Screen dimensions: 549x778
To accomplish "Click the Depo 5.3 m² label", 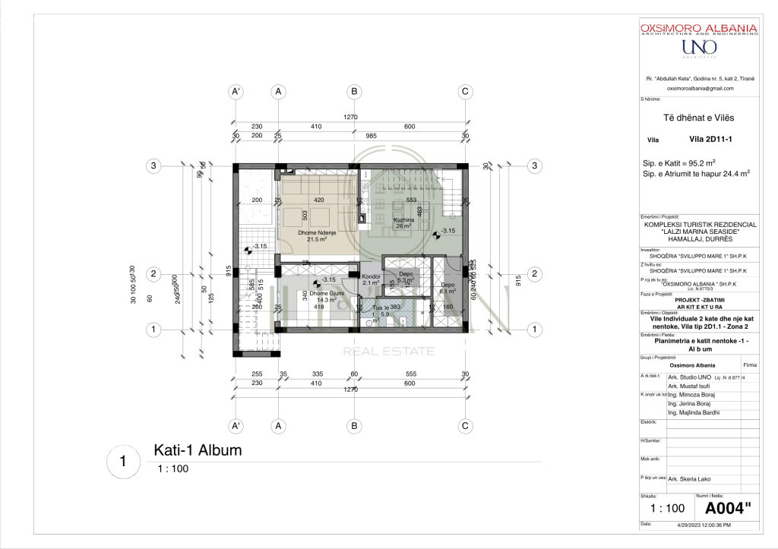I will click(406, 276).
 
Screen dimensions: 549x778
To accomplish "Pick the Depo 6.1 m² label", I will click(447, 287).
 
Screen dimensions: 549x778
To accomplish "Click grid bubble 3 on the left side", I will click(153, 166).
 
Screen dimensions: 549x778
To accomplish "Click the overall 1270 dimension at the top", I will click(350, 118).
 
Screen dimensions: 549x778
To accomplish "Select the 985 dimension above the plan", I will click(372, 135).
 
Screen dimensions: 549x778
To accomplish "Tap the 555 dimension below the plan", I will click(411, 374).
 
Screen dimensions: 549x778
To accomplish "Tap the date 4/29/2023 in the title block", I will click(700, 525).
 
